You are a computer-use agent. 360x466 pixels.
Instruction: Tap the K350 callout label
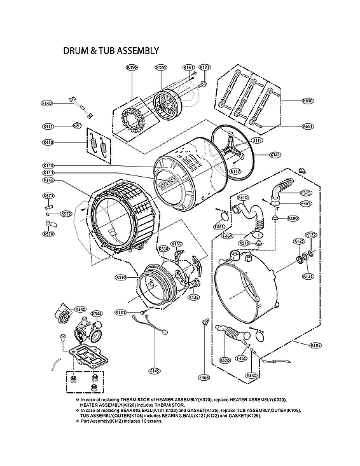coord(132,67)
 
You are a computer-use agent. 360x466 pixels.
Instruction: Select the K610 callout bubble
coord(308,101)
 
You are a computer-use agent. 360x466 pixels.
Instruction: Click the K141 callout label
coord(275,154)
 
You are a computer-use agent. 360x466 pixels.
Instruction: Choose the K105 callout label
coord(315,345)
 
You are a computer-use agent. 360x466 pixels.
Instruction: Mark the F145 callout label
coord(155,371)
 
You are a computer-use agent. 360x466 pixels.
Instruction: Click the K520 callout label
coord(225,360)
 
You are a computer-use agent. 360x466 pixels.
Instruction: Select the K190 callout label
coord(293,219)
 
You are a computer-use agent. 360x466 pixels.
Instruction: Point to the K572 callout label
coord(66,214)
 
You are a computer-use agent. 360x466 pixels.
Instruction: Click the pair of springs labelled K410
coord(97,144)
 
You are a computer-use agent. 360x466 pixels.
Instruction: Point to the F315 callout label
coord(306,193)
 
